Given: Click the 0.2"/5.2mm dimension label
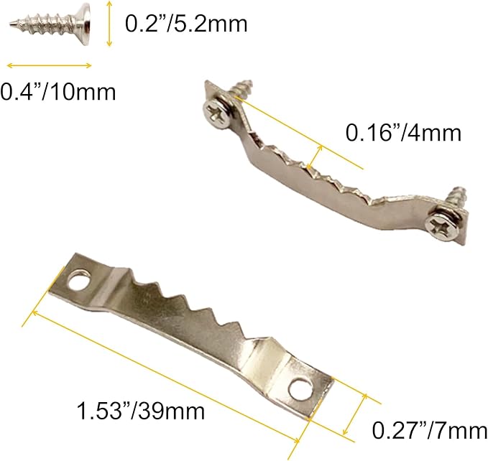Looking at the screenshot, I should click(186, 24).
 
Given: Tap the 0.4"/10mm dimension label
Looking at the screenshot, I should click(57, 92).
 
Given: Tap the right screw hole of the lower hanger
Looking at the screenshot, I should click(301, 389).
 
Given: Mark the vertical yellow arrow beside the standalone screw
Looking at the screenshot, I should click(109, 25).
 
